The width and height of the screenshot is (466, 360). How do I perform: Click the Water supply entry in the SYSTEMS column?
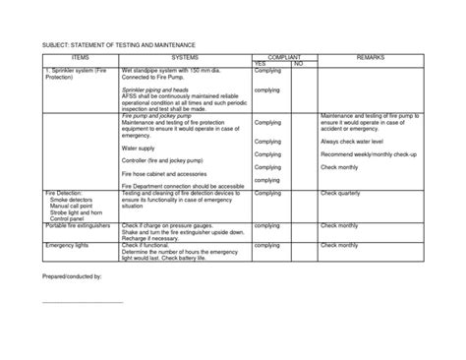(141, 149)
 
